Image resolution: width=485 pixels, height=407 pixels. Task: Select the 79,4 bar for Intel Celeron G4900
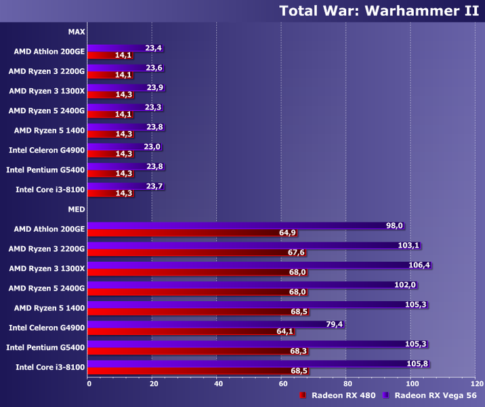click(203, 324)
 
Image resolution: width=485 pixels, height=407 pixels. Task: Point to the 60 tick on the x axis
click(282, 383)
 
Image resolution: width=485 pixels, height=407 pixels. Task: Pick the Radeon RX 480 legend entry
click(339, 395)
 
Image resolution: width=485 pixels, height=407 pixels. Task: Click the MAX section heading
click(77, 31)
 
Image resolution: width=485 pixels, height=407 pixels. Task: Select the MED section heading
click(77, 210)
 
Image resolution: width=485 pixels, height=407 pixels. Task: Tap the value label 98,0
click(394, 226)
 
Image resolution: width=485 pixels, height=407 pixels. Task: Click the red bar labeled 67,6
click(183, 252)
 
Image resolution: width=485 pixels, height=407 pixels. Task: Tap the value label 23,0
click(152, 147)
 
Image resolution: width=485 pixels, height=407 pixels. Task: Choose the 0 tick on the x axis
click(89, 383)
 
